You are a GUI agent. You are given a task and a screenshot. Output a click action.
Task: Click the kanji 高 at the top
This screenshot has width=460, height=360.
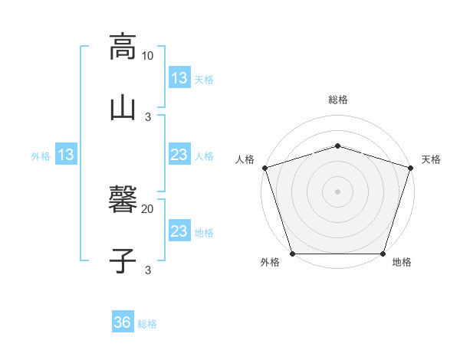tap(123, 47)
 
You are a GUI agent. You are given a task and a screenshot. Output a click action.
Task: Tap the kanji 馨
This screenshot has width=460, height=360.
tap(123, 201)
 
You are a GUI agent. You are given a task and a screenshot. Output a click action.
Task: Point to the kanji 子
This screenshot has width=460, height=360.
tap(123, 260)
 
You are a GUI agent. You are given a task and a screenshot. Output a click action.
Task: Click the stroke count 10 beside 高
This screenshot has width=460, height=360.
tap(148, 56)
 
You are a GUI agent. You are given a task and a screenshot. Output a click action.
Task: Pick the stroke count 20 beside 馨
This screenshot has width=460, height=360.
tap(148, 208)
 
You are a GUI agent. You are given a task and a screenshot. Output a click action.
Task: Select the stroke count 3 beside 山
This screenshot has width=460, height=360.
tap(148, 116)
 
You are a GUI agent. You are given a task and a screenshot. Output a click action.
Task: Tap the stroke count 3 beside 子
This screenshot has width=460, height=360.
tap(148, 269)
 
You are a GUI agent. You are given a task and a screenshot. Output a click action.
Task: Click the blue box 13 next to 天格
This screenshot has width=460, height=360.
tap(179, 77)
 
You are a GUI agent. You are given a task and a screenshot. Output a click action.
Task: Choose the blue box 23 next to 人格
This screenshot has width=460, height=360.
tap(179, 155)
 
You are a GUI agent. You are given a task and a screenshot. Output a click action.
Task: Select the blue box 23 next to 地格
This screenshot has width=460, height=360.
tap(179, 231)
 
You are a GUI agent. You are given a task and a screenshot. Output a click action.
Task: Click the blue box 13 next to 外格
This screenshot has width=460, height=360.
tap(65, 155)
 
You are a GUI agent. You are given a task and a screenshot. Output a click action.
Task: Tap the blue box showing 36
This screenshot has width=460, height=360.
tap(122, 322)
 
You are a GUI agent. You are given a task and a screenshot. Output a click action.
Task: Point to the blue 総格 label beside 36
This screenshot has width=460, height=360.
tap(147, 324)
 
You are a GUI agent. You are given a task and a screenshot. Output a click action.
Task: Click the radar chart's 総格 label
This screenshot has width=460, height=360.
tap(338, 100)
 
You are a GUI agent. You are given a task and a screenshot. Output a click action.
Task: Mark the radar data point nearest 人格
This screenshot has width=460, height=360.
tap(265, 168)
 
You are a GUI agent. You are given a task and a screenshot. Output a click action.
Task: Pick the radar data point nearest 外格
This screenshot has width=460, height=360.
tap(293, 254)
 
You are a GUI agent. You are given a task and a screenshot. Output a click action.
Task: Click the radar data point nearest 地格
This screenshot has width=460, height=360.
tap(383, 254)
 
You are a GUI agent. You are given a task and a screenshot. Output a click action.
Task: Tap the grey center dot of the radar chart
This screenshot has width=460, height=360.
tap(338, 191)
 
